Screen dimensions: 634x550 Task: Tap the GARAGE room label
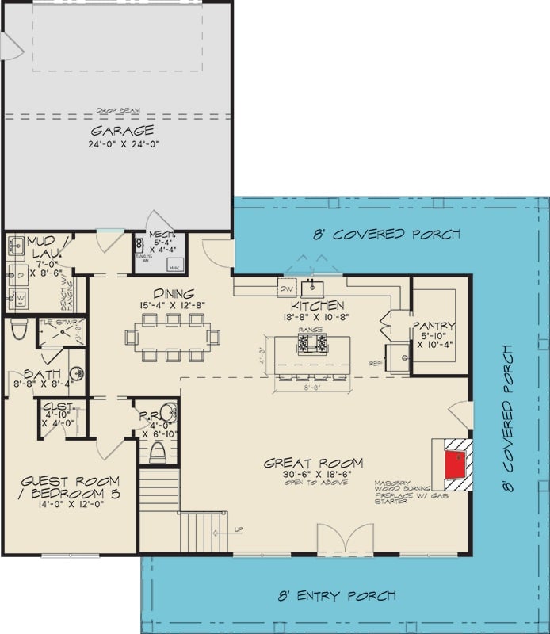[x=121, y=130]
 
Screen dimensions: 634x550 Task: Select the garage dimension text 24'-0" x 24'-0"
[x=121, y=144]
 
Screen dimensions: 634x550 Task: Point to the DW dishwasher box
[x=286, y=289]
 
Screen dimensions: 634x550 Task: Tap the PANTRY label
[x=433, y=325]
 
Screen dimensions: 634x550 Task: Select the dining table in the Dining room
[x=172, y=337]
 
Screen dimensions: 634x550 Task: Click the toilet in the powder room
[x=158, y=453]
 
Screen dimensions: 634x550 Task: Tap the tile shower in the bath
[x=62, y=334]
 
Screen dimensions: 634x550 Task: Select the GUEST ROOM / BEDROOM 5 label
[x=70, y=487]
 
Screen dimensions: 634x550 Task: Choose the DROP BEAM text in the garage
[x=118, y=110]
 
